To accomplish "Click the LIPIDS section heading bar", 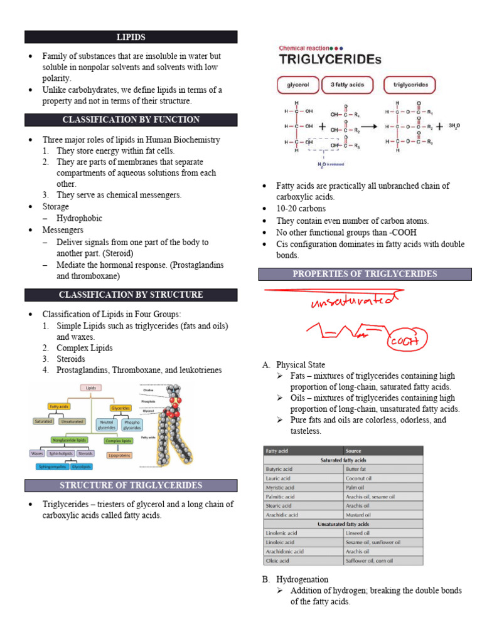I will pos(131,37).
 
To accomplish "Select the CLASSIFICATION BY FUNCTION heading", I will pos(131,120).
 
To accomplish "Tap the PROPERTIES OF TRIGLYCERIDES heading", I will pos(365,274).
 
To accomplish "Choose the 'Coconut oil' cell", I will pos(360,478).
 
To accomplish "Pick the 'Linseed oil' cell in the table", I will pos(360,533).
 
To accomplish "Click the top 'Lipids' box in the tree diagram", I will pos(90,388).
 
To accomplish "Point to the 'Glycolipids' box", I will pos(82,467).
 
